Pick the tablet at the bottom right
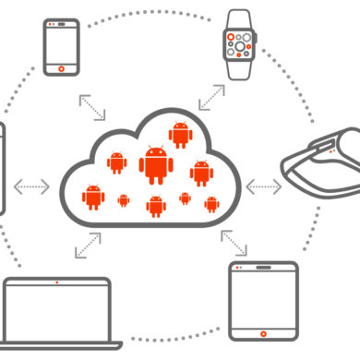pos(263,300)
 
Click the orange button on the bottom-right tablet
pos(263,331)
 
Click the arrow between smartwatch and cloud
pos(211,97)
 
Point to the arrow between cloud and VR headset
pos(264,186)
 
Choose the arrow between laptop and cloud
pos(89,245)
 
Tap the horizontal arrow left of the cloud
pos(32,186)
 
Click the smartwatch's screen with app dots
pos(239,42)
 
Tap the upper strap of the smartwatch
pos(239,17)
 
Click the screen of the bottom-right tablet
pos(263,296)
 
